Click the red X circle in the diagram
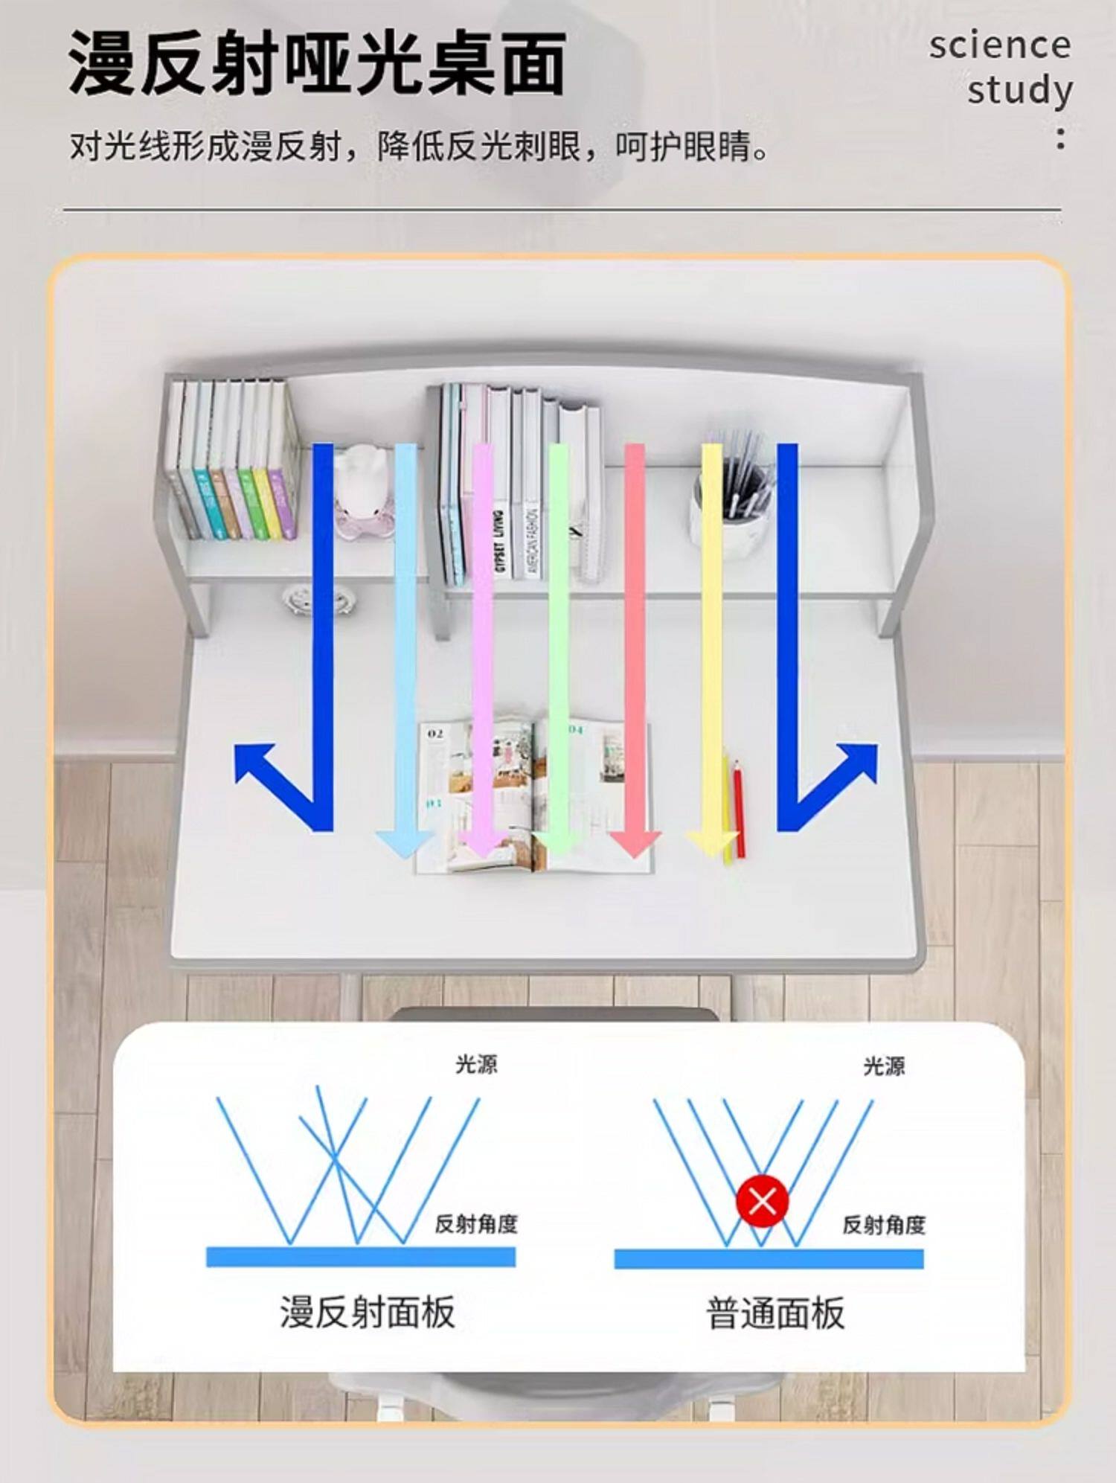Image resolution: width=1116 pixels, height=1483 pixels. (762, 1201)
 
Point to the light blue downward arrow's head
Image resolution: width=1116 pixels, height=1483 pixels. (404, 842)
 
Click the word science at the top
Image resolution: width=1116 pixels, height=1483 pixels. (999, 46)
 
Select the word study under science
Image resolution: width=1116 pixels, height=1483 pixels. (1019, 91)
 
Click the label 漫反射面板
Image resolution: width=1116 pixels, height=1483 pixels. (368, 1311)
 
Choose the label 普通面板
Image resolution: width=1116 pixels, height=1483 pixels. (775, 1313)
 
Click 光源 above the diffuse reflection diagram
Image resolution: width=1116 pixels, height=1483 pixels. (476, 1065)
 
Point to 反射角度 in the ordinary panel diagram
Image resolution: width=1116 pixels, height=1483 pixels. (883, 1224)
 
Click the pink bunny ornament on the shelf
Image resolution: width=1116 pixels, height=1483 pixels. (362, 491)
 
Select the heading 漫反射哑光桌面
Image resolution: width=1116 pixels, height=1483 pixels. (317, 64)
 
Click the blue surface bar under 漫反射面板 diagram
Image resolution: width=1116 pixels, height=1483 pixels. (361, 1257)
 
